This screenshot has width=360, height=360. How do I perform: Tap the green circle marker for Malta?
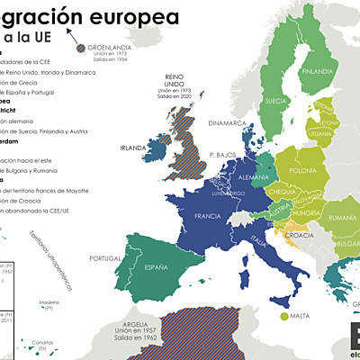point(284,317)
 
